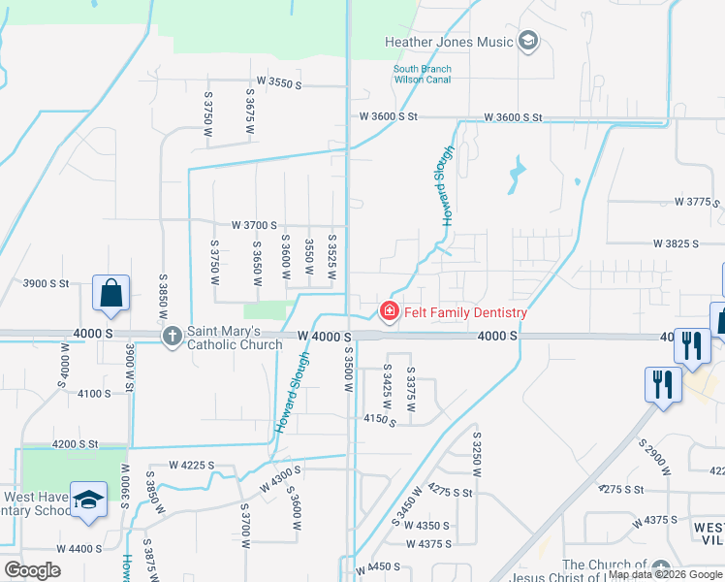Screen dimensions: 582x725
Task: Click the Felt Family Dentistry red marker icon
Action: point(389,311)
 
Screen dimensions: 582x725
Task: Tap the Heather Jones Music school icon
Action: point(528,41)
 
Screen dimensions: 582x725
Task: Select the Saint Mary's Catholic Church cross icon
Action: point(172,336)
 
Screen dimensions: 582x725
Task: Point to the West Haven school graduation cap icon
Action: point(88,501)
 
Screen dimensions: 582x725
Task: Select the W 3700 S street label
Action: point(254,224)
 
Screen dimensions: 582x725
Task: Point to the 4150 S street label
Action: point(380,420)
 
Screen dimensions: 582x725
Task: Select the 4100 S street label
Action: point(95,393)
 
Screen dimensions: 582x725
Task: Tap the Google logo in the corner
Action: point(33,570)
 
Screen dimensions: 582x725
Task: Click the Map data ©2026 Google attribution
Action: point(665,574)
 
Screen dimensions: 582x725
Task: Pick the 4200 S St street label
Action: point(76,443)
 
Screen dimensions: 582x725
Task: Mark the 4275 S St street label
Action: point(450,491)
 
